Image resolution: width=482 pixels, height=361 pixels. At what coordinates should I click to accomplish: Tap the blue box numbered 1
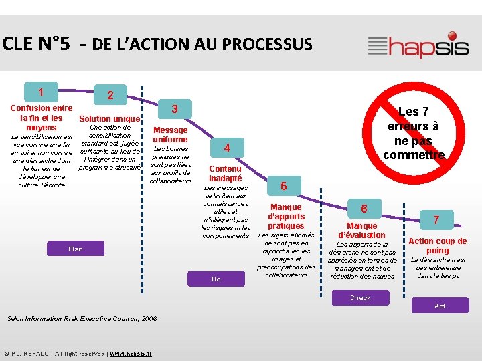[x=42, y=92]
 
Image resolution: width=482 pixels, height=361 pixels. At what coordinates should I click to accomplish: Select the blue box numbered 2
[x=110, y=95]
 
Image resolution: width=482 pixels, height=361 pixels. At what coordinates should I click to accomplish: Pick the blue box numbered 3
[x=174, y=109]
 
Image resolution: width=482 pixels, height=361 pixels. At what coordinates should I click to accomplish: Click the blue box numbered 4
[x=227, y=148]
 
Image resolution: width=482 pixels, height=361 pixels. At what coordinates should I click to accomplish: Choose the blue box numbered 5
[x=283, y=185]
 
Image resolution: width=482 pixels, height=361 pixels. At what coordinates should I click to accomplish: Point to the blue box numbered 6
[x=364, y=209]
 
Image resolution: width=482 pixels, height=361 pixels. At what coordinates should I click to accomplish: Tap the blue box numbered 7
[x=436, y=219]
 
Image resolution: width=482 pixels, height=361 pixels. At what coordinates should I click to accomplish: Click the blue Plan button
[x=76, y=249]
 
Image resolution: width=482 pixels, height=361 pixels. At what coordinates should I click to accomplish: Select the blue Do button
[x=216, y=279]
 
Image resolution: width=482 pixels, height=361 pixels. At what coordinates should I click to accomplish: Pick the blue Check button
[x=360, y=297]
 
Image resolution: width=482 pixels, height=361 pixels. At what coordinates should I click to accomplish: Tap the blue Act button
[x=440, y=306]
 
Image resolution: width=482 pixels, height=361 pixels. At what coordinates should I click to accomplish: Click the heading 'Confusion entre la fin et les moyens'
[x=42, y=118]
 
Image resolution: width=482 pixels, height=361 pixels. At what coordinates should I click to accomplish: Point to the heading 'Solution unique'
[x=110, y=119]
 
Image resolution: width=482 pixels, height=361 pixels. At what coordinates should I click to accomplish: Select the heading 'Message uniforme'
[x=171, y=134]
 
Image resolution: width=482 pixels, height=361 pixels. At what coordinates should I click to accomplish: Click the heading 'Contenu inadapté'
[x=226, y=173]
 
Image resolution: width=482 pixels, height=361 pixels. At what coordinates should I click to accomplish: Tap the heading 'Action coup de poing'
[x=438, y=245]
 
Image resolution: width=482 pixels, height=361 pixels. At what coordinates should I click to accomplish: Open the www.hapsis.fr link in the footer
[x=130, y=353]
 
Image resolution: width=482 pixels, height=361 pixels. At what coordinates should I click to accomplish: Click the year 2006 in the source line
[x=149, y=319]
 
